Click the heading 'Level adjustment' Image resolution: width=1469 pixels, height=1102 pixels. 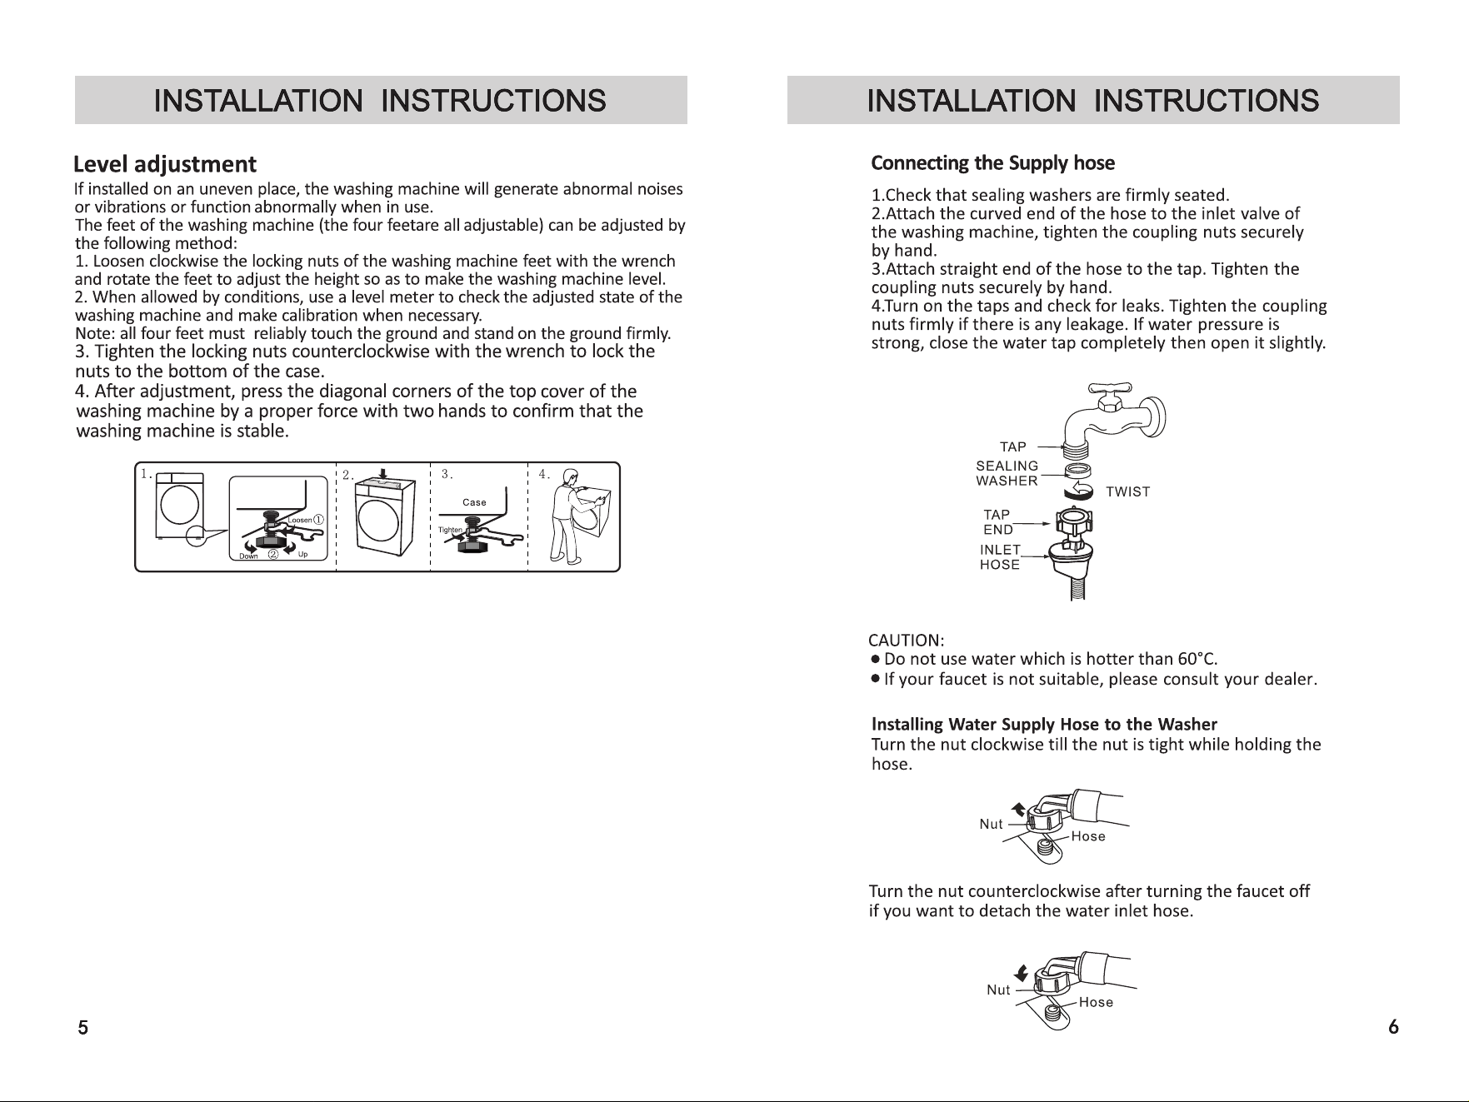165,164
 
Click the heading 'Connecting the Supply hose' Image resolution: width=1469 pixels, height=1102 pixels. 992,162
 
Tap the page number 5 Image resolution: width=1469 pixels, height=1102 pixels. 82,1027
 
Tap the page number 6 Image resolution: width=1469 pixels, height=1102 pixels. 1393,1027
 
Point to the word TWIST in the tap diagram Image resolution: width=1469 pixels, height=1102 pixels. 1127,491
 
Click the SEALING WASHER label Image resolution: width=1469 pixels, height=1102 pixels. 1007,473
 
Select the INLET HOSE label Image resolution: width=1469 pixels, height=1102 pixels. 1000,557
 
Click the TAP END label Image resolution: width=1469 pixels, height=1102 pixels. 997,522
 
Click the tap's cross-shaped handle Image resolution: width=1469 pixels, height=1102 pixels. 1110,389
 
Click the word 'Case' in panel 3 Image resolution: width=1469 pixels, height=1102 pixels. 474,502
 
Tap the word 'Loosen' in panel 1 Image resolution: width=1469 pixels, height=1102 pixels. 299,521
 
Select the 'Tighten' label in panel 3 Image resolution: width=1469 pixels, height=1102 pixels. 449,531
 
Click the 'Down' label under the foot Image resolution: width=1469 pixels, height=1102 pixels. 248,556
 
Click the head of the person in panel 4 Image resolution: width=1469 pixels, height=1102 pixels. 570,477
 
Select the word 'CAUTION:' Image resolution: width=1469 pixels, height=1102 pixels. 906,641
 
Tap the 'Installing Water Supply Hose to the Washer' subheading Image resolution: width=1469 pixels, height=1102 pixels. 1044,724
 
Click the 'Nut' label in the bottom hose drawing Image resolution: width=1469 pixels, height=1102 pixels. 998,990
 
